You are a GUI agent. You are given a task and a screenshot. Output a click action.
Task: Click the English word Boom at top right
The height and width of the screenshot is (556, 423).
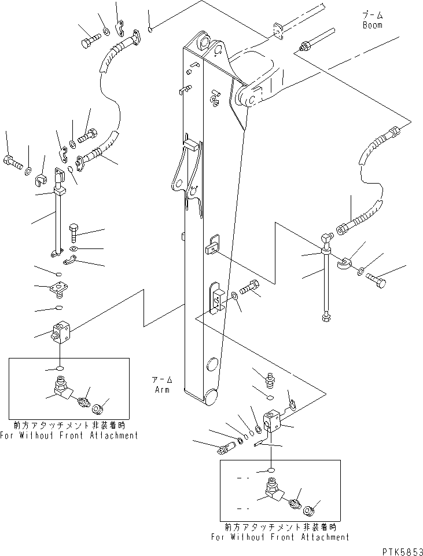click(x=372, y=25)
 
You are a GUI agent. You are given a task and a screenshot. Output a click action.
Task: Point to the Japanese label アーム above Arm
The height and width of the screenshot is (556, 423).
click(x=162, y=381)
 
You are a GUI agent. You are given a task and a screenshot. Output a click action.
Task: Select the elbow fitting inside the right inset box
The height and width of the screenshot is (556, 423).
click(x=271, y=490)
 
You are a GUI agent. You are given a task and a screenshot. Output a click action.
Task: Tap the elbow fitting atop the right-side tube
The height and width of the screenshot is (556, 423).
click(x=326, y=242)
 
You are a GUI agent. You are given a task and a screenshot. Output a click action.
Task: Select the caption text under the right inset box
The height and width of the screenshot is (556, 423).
click(x=280, y=533)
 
